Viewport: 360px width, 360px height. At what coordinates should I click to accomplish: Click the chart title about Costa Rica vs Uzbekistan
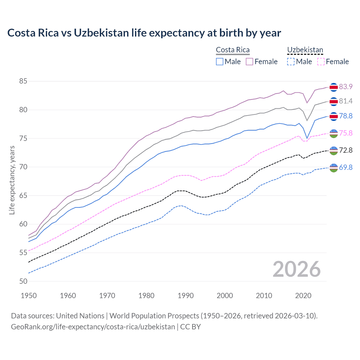(144, 33)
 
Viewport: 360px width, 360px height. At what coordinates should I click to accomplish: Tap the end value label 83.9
(346, 87)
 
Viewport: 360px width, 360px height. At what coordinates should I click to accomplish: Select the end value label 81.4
(346, 101)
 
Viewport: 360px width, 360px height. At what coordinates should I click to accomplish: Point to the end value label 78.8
(346, 116)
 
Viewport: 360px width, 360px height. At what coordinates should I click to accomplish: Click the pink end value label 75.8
(346, 133)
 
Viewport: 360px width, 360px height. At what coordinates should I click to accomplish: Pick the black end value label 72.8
(346, 150)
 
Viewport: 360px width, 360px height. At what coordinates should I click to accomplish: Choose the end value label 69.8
(346, 167)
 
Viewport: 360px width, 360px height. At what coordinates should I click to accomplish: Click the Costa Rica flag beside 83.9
(334, 87)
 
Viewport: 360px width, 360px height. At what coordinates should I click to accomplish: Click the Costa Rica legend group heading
(233, 50)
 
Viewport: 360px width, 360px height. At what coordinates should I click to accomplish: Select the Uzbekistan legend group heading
(305, 50)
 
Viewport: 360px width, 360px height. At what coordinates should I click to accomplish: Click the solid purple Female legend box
(249, 62)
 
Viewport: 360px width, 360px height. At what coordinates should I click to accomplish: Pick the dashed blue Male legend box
(291, 62)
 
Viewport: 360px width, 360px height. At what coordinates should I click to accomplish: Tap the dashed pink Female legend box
(321, 62)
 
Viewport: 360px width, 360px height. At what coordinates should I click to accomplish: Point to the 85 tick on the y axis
(23, 81)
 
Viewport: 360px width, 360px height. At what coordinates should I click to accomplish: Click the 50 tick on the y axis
(23, 281)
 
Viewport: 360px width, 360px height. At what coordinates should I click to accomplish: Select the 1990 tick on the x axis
(186, 296)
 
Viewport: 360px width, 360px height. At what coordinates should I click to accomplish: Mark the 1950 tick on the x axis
(29, 296)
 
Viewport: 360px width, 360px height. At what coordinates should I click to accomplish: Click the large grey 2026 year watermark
(296, 269)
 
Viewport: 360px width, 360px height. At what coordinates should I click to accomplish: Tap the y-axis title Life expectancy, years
(12, 180)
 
